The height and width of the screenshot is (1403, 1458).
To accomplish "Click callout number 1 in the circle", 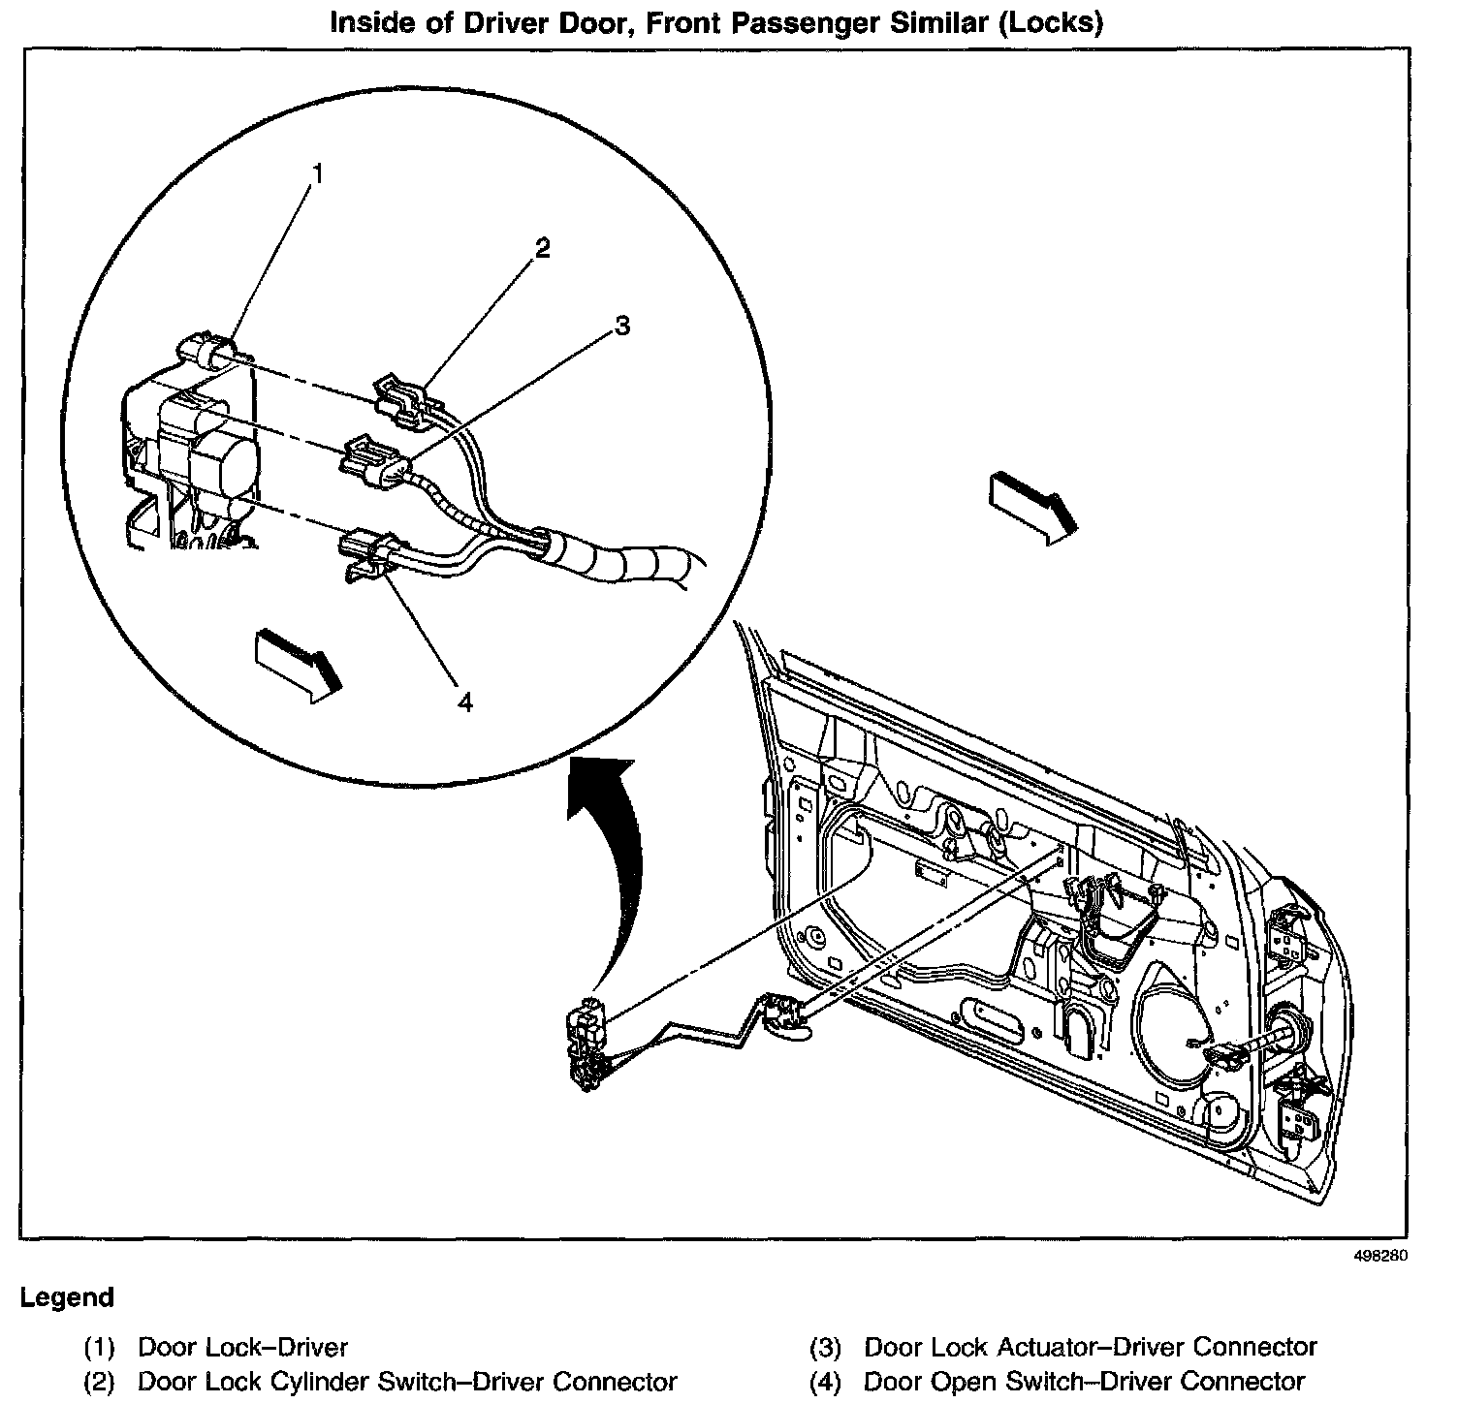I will coord(316,173).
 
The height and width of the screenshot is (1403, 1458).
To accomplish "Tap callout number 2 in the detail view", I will coord(542,249).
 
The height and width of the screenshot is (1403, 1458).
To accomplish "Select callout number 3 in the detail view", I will coord(622,326).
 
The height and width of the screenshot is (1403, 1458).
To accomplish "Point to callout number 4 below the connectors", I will coord(465,703).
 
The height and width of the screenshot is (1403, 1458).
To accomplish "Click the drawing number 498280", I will coord(1379,1256).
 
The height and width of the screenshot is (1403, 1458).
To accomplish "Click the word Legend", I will coord(67,1297).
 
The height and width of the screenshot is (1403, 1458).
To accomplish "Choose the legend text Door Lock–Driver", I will coord(242,1347).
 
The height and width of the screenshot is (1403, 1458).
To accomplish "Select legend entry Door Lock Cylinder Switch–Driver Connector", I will coord(407,1382).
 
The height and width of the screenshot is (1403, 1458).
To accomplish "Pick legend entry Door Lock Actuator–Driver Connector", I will coord(1090,1347).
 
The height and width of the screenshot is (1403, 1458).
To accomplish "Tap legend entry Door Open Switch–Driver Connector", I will coord(1084,1382).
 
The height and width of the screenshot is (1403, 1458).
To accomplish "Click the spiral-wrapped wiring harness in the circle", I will coord(620,561).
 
